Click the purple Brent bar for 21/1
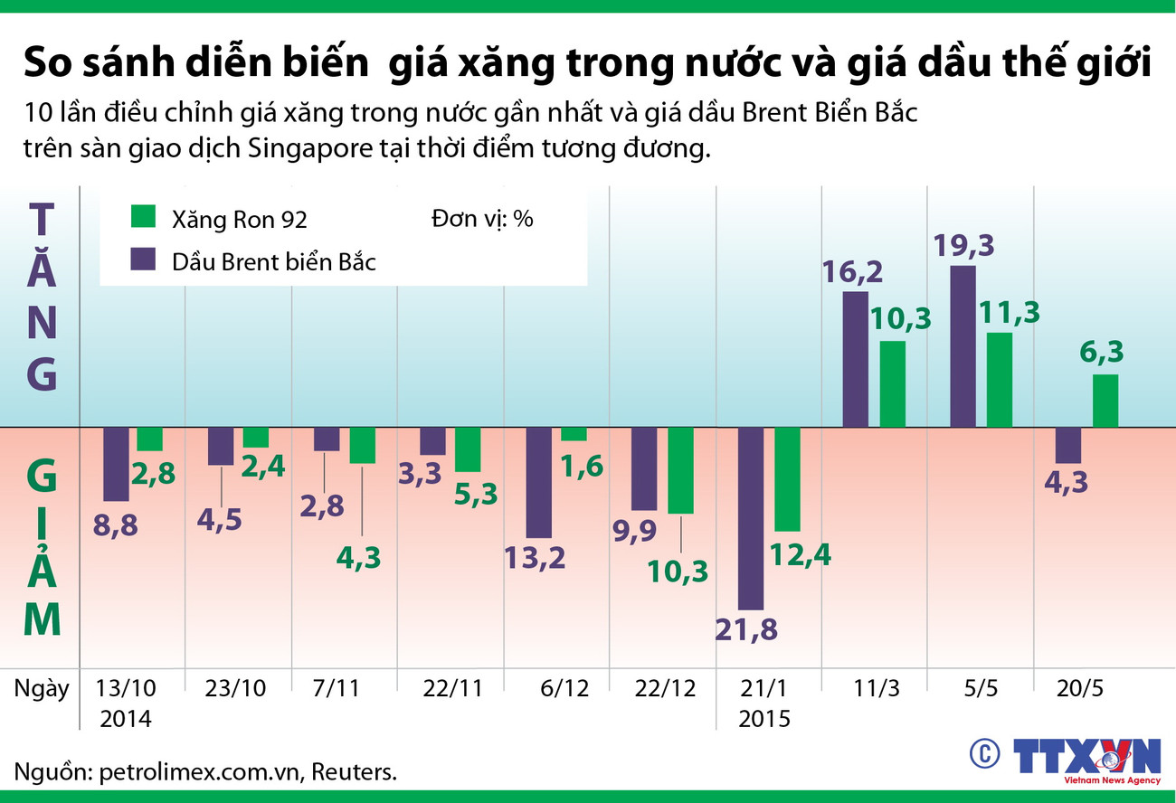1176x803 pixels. tap(751, 518)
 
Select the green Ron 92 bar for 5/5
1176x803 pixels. tap(999, 380)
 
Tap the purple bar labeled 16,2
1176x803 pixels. tap(855, 359)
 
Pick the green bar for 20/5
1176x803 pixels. tap(1105, 401)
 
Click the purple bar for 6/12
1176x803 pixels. tap(539, 482)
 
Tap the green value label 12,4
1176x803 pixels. tap(799, 553)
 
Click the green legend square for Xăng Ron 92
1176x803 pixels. tap(144, 217)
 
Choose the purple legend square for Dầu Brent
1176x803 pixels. tap(144, 260)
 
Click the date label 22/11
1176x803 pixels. tap(452, 688)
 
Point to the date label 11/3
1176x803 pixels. tap(875, 688)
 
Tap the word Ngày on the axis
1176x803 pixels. tap(42, 688)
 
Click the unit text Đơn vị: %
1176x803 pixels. tap(481, 219)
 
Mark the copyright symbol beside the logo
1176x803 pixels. tap(985, 753)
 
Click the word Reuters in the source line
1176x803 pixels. tap(356, 773)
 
